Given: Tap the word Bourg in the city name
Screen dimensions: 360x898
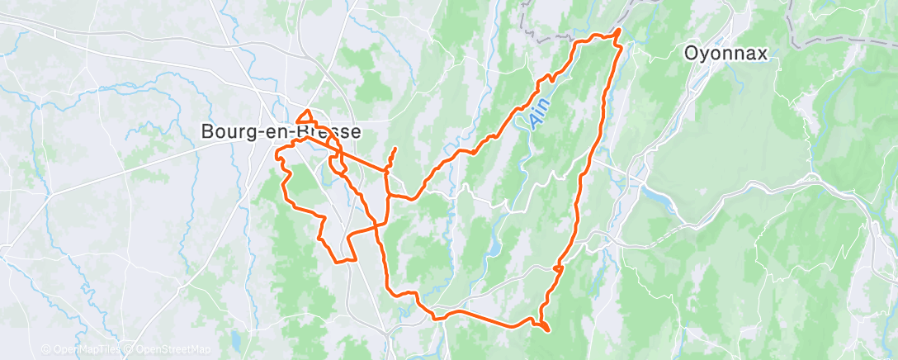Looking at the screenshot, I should pyautogui.click(x=227, y=131).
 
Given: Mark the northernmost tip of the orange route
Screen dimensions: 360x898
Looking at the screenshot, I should pyautogui.click(x=619, y=31).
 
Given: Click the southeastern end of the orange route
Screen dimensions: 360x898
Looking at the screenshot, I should pyautogui.click(x=547, y=329).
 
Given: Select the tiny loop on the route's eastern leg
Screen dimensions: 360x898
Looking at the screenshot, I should pyautogui.click(x=559, y=269).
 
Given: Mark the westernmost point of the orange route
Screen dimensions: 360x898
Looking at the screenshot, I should pyautogui.click(x=276, y=151).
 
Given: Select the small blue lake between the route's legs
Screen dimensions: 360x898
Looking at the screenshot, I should pyautogui.click(x=494, y=248).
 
